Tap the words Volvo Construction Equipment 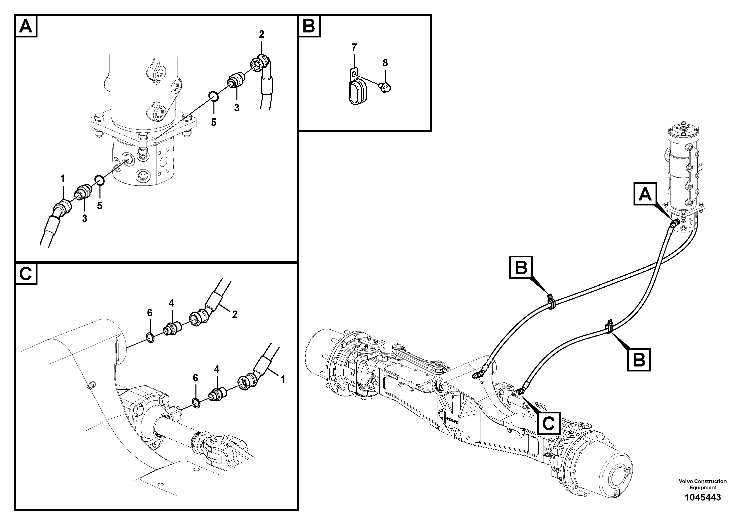coord(703,484)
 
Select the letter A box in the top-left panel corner coord(26,26)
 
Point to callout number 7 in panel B coord(354,48)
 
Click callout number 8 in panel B coord(385,63)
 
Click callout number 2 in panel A coord(261,34)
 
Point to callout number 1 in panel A coord(62,178)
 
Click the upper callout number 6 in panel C coord(149,313)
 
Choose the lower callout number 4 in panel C coord(216,369)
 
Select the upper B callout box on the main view coord(521,267)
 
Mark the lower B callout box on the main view coord(639,359)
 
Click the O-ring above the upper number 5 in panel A coord(213,96)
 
